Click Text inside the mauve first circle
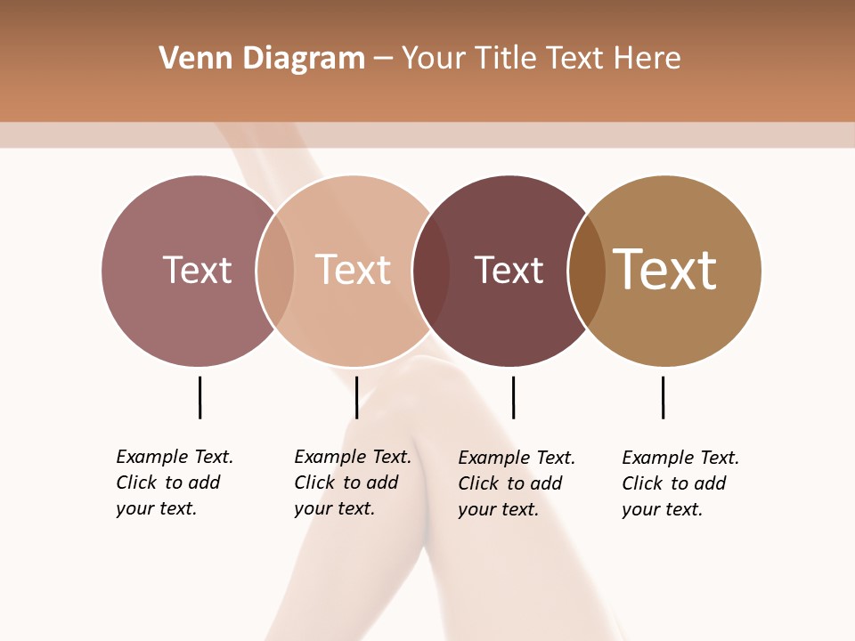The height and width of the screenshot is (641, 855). point(197,270)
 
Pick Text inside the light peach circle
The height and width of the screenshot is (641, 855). point(354,270)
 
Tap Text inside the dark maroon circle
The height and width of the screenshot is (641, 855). point(509,271)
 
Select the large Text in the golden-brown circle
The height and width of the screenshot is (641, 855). point(665,270)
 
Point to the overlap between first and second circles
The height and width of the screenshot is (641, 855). point(275,271)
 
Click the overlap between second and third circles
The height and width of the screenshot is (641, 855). point(431,271)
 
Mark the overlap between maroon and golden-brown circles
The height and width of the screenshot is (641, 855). point(587,271)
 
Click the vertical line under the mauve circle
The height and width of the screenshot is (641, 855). point(199,397)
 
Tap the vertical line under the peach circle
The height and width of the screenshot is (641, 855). point(356,397)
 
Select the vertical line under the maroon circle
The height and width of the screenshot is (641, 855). point(513,397)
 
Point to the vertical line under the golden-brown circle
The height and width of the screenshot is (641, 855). point(663,397)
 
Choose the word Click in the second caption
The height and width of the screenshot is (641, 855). point(314,483)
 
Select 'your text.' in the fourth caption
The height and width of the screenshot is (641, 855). point(662,509)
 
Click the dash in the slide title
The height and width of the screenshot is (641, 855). point(383,59)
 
